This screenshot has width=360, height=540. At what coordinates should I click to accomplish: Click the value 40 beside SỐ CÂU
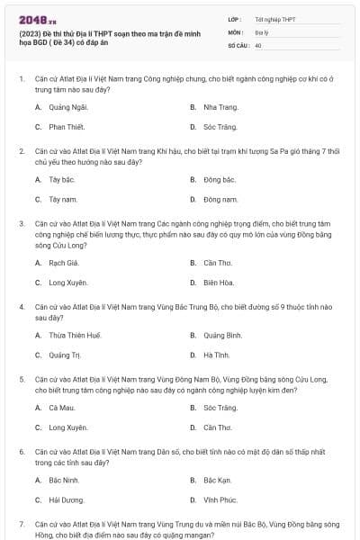258,43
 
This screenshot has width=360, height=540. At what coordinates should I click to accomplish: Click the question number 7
22,523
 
